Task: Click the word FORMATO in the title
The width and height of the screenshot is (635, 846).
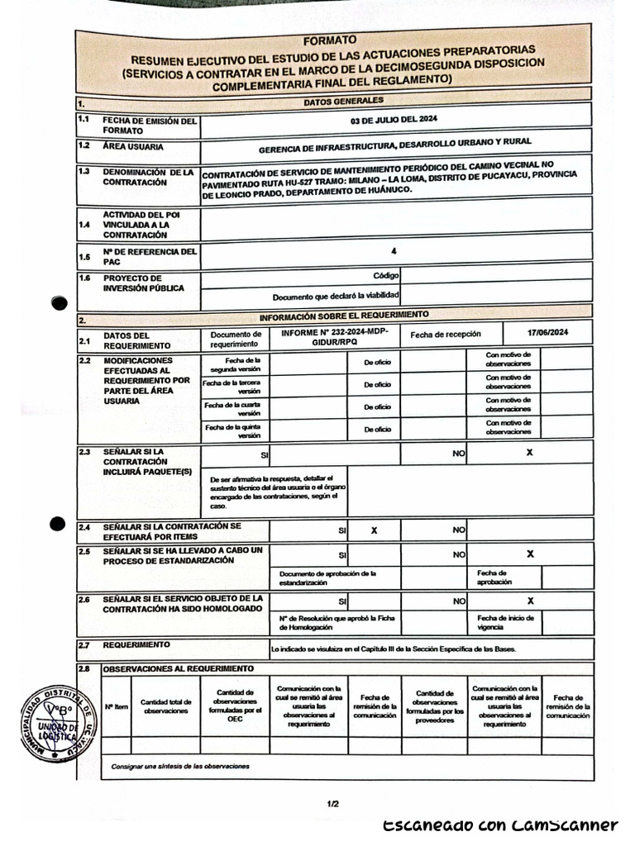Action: click(x=329, y=40)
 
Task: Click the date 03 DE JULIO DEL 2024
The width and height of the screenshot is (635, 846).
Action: click(x=394, y=120)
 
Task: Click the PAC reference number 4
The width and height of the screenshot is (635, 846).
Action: click(x=394, y=250)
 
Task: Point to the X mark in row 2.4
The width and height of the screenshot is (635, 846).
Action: click(x=374, y=530)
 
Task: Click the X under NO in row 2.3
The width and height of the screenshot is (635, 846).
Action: click(x=529, y=453)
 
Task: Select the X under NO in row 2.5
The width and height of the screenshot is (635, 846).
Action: click(x=530, y=554)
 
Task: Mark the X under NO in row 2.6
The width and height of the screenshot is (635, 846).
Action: click(x=530, y=601)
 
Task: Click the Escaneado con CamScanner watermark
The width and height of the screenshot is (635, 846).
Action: click(x=500, y=825)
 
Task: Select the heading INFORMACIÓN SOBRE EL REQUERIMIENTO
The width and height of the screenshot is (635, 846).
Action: click(x=344, y=316)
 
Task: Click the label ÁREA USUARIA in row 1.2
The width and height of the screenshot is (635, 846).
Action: click(x=133, y=147)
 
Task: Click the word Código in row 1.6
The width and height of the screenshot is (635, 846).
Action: click(x=385, y=275)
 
